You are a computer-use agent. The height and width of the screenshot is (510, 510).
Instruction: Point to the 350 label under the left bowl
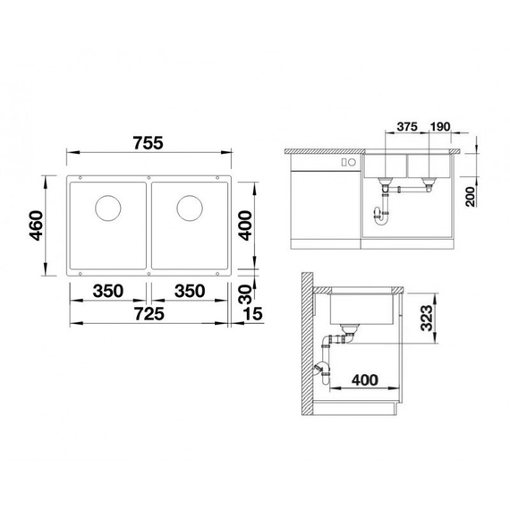109,292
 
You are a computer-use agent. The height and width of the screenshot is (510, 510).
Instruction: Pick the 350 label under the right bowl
191,292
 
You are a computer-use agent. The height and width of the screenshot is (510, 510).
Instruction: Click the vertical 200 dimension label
470,193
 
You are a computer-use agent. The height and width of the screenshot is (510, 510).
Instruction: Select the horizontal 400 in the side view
364,378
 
